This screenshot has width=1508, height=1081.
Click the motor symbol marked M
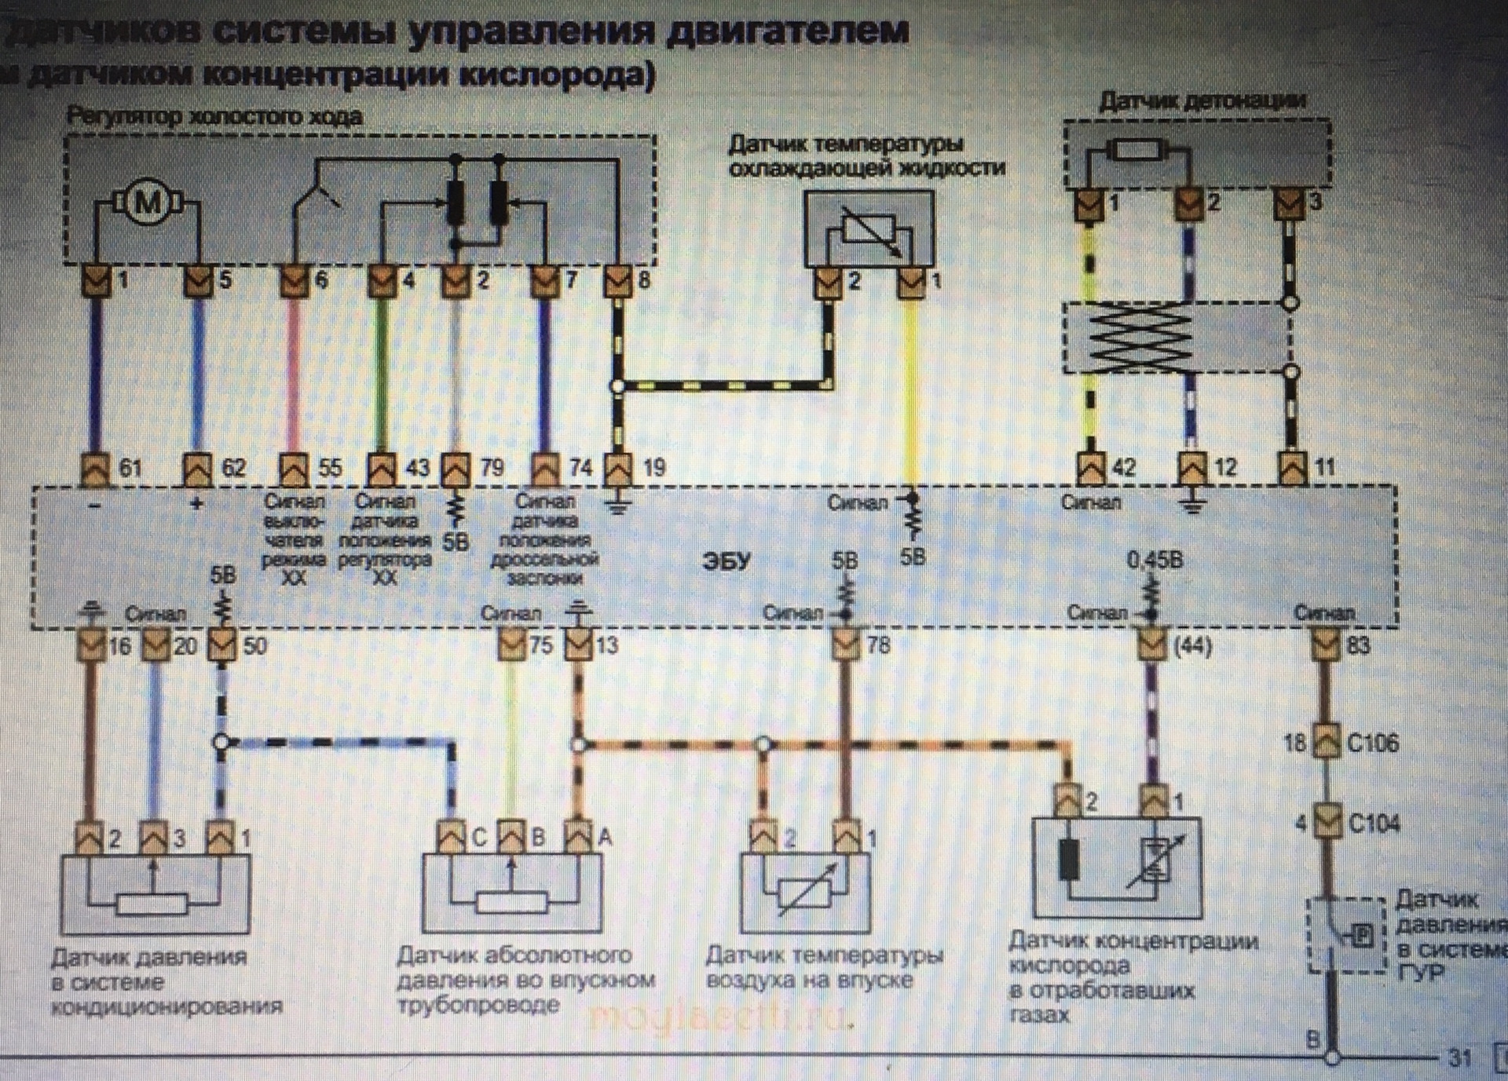147,204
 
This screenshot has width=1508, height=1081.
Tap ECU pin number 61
130,469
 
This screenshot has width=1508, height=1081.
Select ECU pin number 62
233,469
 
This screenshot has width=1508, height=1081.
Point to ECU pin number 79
492,469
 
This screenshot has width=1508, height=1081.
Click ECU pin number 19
653,469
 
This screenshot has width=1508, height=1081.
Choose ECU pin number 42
1124,468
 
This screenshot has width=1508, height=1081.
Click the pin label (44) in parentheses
1192,646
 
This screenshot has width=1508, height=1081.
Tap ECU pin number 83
1358,645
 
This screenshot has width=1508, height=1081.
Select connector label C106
1372,743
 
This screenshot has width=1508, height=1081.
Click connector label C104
1374,824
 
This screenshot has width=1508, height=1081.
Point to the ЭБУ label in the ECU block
727,562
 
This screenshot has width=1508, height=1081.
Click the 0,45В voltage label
1154,561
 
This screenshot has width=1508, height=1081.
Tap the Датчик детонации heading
1201,101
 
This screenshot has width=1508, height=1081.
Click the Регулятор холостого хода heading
214,117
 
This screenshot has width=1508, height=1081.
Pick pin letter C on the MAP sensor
479,838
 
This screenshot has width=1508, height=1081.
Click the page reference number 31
1459,1057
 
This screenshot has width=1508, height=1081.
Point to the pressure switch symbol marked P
1362,936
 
